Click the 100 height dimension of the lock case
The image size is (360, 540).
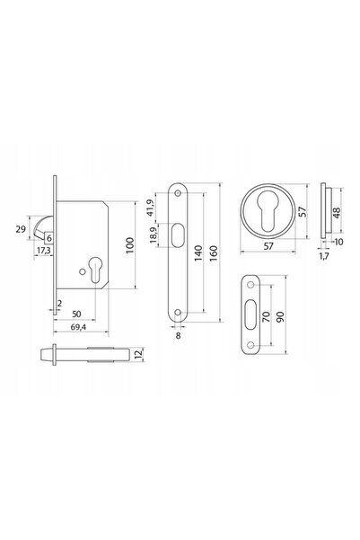click(x=130, y=245)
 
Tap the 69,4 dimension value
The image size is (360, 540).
click(x=78, y=327)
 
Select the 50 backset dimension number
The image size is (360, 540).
click(x=76, y=314)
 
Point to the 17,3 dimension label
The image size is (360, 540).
click(x=43, y=251)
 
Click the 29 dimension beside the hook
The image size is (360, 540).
click(x=21, y=229)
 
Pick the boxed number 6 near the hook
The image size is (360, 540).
click(x=49, y=238)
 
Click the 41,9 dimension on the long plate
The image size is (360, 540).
click(x=150, y=208)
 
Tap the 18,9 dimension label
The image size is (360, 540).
click(x=154, y=235)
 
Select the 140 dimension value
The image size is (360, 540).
click(x=198, y=252)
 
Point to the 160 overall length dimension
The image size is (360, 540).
click(x=214, y=252)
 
